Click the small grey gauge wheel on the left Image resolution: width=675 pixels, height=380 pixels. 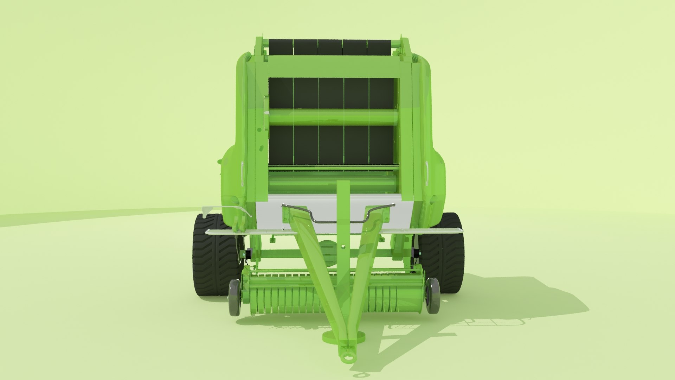pos(234,297)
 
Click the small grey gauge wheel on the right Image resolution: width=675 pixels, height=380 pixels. pos(432,296)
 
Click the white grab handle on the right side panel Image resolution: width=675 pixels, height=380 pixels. pos(427,173)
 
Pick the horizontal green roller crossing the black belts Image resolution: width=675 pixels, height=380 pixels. pos(332,117)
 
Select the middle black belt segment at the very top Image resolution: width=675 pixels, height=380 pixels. pos(330,47)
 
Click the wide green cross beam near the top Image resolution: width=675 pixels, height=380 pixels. pos(332,67)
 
